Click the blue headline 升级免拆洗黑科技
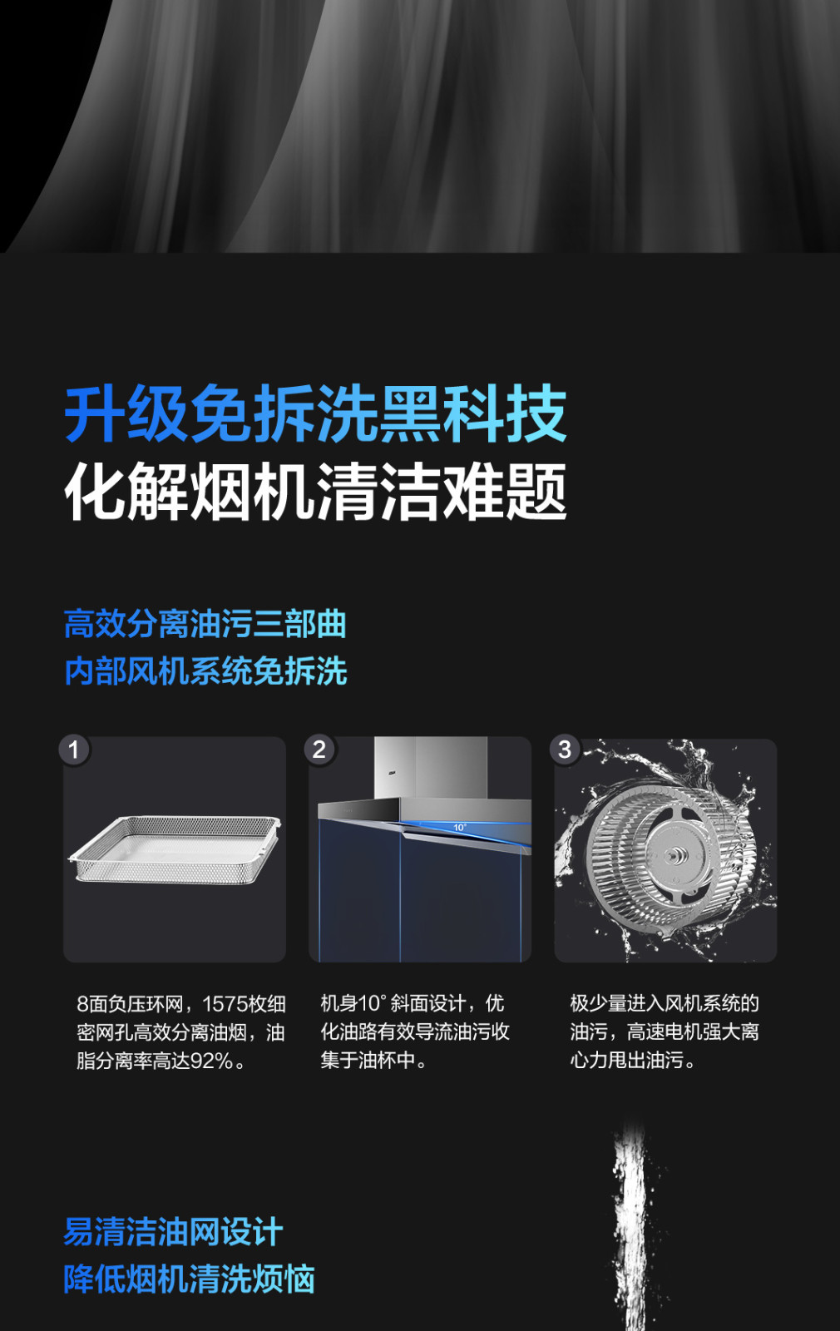click(x=315, y=413)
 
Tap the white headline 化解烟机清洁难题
click(x=315, y=492)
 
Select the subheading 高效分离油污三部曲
click(x=205, y=624)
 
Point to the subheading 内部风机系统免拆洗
click(x=205, y=671)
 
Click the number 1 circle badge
click(x=74, y=750)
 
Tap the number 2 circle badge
click(x=319, y=750)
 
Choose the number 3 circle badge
click(x=565, y=750)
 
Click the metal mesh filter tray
click(x=175, y=849)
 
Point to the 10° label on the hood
click(x=460, y=828)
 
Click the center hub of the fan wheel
click(x=673, y=855)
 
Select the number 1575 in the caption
click(x=225, y=1004)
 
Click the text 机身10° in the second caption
click(x=354, y=1003)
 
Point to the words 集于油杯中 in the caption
click(x=368, y=1060)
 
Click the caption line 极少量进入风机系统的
click(x=665, y=1003)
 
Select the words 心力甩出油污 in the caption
click(x=627, y=1060)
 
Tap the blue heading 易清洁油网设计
click(x=173, y=1232)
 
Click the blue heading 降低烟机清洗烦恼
click(x=189, y=1279)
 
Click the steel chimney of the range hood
click(x=431, y=767)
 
